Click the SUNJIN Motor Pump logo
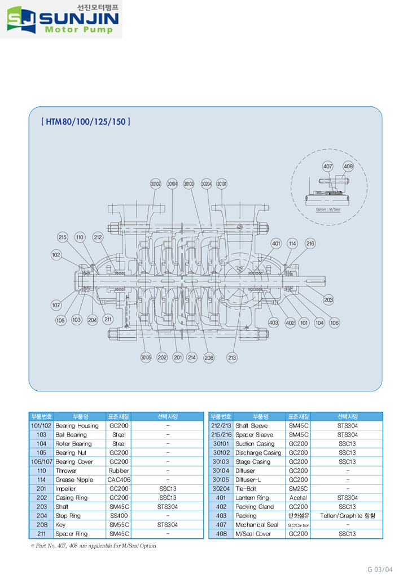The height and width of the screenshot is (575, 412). click(x=62, y=20)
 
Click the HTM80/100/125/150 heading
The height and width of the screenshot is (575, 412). click(x=86, y=121)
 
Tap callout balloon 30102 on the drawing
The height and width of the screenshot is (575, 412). click(x=156, y=184)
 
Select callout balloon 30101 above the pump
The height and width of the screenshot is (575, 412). click(x=222, y=184)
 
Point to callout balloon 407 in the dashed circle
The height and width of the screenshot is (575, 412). click(x=328, y=167)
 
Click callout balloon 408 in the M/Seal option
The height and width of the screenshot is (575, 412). click(x=348, y=167)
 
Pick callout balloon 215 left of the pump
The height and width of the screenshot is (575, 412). click(x=63, y=237)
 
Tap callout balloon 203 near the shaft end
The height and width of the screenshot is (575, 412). click(x=328, y=300)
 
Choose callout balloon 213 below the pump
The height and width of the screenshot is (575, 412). click(x=232, y=357)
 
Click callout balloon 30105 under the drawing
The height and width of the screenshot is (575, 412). click(x=146, y=357)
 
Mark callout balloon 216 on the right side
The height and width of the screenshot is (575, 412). click(x=310, y=243)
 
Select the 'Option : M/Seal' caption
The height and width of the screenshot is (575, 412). click(x=328, y=209)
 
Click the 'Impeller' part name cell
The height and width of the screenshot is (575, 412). click(x=66, y=489)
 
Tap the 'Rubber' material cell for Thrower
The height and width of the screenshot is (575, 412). click(x=119, y=471)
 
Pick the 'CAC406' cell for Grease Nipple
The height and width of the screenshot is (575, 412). click(x=119, y=480)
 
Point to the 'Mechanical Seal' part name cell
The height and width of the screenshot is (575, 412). click(x=256, y=525)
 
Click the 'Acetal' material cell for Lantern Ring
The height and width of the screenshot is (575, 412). click(x=297, y=498)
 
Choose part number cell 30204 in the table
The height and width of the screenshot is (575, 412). click(x=221, y=489)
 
